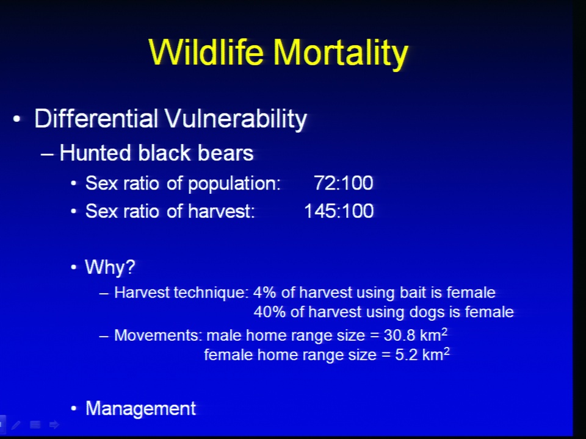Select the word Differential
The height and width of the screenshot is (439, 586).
click(96, 118)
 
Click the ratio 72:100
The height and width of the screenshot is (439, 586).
click(344, 183)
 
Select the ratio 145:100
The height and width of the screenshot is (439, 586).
click(339, 211)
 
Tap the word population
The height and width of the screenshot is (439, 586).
click(234, 184)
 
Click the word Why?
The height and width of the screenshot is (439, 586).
click(110, 267)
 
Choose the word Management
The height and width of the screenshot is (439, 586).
click(141, 408)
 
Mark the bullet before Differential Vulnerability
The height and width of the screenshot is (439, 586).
click(16, 119)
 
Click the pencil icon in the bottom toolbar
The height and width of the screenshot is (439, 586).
click(16, 424)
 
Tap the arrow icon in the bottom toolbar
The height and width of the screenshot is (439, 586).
click(54, 424)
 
